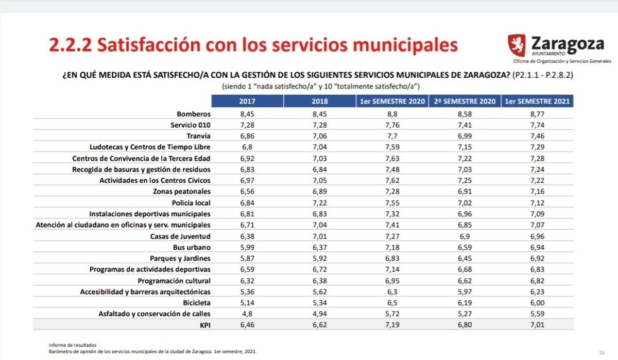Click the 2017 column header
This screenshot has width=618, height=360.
(247, 101)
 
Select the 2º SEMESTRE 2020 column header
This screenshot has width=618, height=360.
(465, 101)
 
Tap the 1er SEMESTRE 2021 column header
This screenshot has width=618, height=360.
(537, 101)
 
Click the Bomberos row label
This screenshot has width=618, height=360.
(194, 113)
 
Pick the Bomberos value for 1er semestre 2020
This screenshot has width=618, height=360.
(392, 113)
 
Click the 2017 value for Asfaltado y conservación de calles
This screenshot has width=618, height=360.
(247, 314)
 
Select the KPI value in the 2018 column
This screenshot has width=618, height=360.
(320, 325)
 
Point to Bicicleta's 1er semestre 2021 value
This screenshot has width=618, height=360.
(537, 302)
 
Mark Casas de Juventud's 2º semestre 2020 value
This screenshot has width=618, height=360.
(465, 236)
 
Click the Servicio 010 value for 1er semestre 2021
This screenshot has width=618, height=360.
(537, 125)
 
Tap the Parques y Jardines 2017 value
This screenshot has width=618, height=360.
(247, 258)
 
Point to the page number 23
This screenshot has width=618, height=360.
(602, 352)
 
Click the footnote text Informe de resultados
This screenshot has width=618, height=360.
(72, 345)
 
